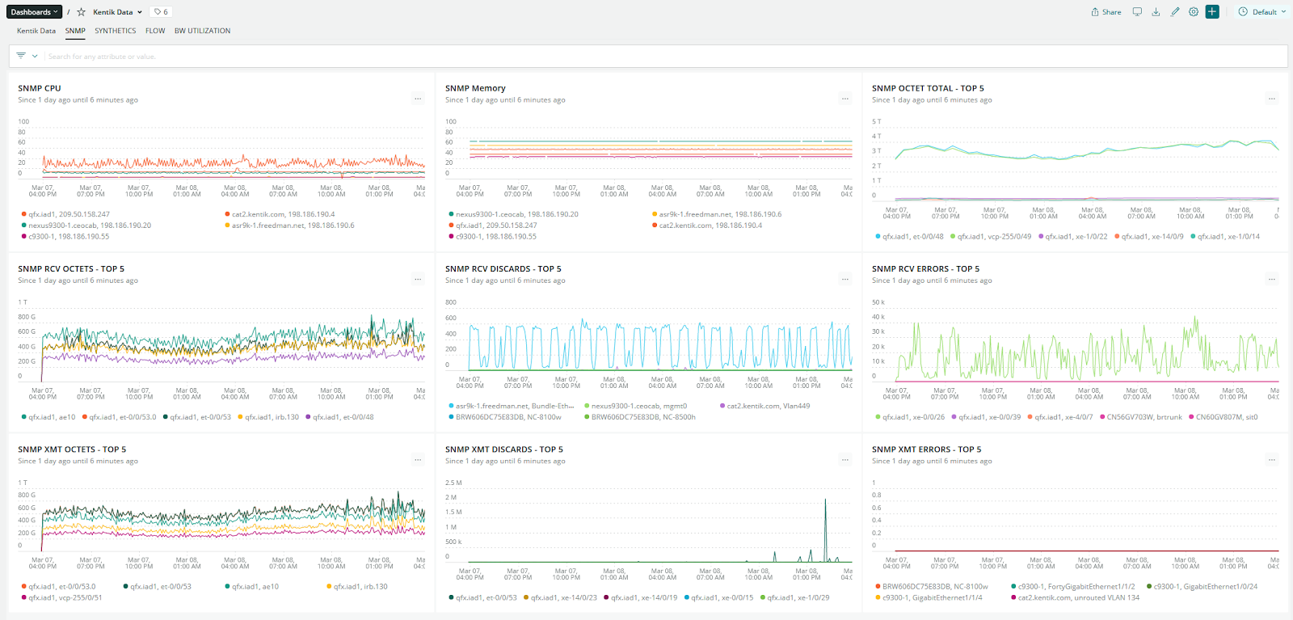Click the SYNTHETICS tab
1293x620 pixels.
(115, 31)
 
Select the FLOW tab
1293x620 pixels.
(155, 31)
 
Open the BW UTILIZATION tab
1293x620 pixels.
(202, 31)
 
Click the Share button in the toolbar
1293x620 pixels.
(1106, 12)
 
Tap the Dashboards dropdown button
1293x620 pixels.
(34, 12)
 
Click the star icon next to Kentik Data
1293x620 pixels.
(81, 12)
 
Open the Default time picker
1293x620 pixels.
(1261, 12)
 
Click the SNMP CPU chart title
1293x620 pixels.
(40, 88)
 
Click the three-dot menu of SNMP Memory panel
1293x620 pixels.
(844, 99)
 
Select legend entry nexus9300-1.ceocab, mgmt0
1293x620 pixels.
(638, 406)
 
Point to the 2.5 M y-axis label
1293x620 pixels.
(453, 483)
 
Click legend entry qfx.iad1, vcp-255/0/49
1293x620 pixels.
(994, 237)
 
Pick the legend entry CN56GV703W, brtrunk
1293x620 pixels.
(1143, 417)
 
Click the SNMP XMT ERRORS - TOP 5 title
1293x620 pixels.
(926, 449)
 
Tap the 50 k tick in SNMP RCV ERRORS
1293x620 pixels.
(878, 302)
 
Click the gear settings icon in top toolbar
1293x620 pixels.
(1194, 12)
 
